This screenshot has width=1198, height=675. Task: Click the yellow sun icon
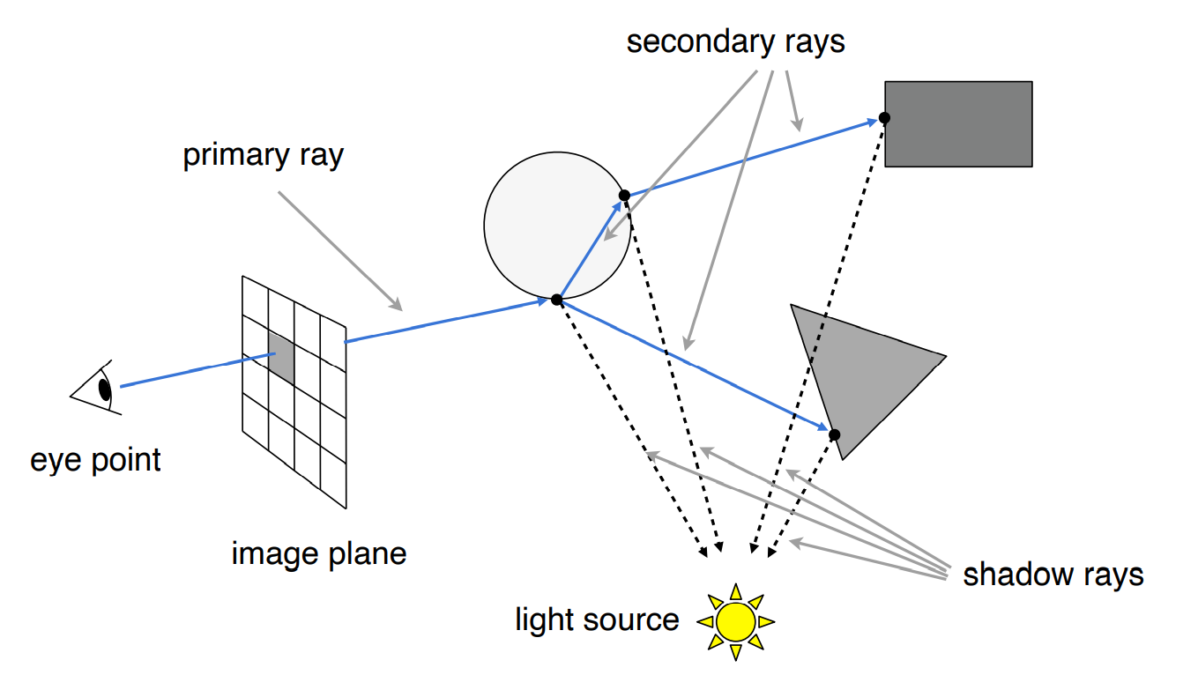(735, 621)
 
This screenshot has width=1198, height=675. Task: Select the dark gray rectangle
(958, 123)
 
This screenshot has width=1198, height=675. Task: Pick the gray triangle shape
(859, 370)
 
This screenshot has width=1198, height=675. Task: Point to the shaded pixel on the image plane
(281, 357)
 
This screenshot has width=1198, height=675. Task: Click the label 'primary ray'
(263, 155)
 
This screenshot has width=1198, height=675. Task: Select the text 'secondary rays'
(735, 41)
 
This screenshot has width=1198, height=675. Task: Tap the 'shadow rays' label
(1053, 575)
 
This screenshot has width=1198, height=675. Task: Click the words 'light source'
(597, 619)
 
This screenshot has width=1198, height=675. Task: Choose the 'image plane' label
(319, 553)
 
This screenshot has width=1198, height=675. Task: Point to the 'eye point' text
(96, 459)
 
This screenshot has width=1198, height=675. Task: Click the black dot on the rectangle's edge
(884, 117)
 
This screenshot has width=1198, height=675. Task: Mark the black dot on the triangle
(834, 434)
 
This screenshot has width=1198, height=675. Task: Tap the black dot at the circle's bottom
(556, 300)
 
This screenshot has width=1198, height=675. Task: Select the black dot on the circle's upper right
(624, 195)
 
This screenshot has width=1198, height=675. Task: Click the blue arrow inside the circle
(589, 249)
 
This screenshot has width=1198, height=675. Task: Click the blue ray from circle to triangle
(696, 367)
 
